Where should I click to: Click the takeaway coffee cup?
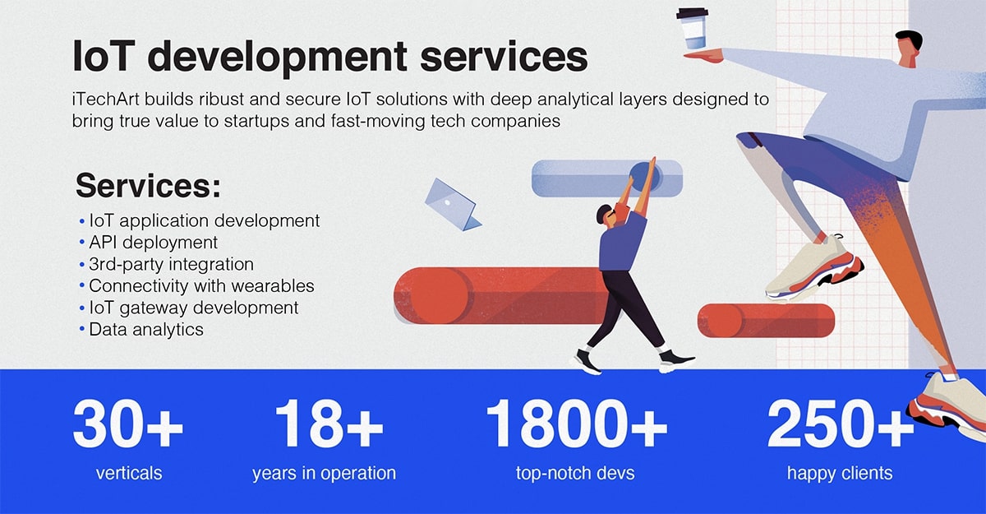[693, 29]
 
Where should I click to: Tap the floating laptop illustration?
[453, 205]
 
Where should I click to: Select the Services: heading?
[149, 186]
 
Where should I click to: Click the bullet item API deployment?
[153, 243]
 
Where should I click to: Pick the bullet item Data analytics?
[146, 330]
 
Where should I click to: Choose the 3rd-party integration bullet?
[171, 264]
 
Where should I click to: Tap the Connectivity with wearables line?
[201, 286]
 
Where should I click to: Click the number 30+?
[127, 424]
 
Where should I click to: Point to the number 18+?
[329, 424]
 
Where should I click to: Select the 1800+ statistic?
[576, 424]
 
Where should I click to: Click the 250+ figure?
[841, 424]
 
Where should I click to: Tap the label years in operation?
[324, 474]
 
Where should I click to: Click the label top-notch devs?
[575, 474]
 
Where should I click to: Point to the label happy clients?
[840, 474]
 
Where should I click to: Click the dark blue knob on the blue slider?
[645, 177]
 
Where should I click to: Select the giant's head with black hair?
[909, 48]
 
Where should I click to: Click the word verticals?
[129, 474]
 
